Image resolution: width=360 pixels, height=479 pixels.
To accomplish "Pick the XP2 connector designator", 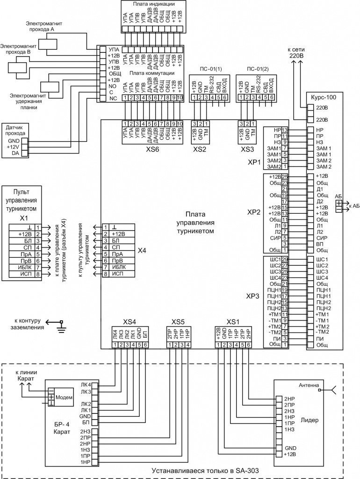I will coord(253,212).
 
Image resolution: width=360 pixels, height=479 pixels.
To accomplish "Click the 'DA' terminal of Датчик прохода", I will coord(15,153).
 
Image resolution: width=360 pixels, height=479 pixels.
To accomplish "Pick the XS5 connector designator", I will coord(179,322).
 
